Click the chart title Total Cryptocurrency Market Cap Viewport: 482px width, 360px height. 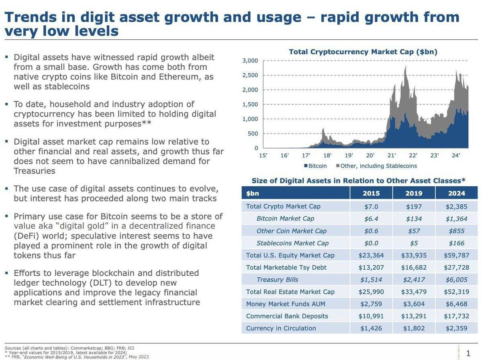click(363, 52)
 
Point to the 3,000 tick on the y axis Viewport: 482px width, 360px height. click(250, 61)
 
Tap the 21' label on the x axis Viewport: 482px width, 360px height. click(392, 156)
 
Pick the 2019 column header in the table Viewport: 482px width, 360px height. click(414, 193)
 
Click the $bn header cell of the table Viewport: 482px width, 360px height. click(253, 193)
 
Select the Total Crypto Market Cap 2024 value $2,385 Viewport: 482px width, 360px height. click(456, 206)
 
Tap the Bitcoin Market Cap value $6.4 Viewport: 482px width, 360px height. click(371, 218)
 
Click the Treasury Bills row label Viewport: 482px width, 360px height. click(277, 279)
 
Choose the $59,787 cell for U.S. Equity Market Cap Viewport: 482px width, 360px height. click(456, 255)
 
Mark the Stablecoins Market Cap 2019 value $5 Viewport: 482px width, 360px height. click(414, 243)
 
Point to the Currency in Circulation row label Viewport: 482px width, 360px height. click(281, 328)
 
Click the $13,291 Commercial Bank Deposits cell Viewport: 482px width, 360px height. click(414, 316)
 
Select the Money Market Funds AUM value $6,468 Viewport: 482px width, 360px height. click(456, 304)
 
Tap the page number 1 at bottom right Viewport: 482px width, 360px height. click(468, 353)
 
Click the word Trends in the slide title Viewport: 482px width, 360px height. click(30, 17)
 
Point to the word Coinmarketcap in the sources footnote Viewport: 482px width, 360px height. click(86, 348)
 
